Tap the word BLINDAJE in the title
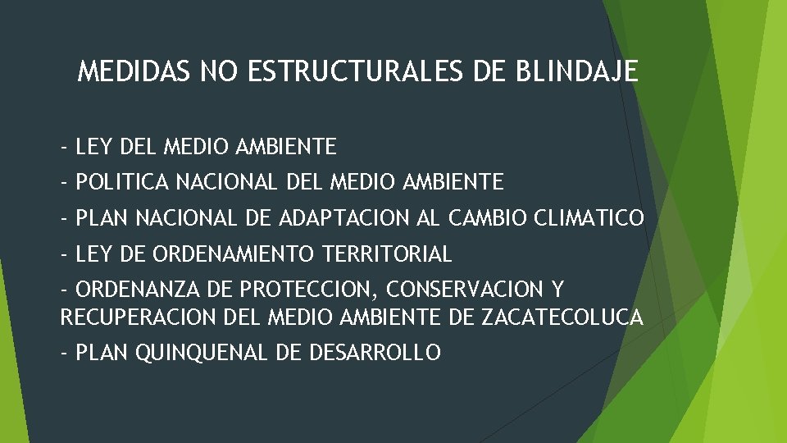[x=577, y=73]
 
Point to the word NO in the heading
[x=219, y=73]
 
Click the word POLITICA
[x=122, y=181]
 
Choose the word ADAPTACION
[x=337, y=219]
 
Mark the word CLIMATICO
[x=589, y=219]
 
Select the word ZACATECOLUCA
[x=562, y=316]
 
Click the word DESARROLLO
[x=376, y=353]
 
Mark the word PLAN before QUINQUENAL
[x=102, y=353]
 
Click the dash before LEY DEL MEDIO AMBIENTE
[x=64, y=148]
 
